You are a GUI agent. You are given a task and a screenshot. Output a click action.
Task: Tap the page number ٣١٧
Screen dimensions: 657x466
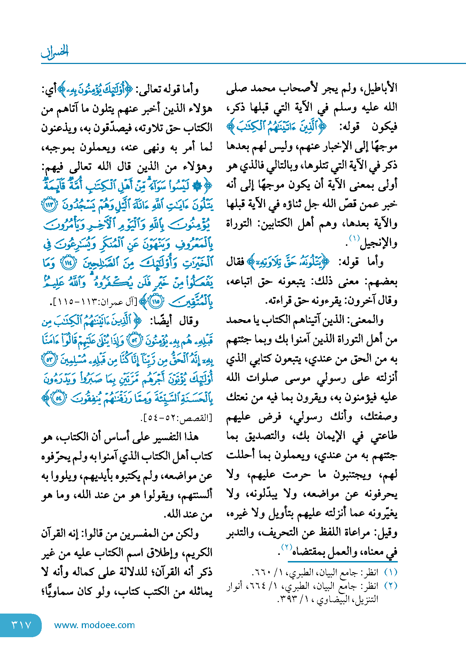point(21,625)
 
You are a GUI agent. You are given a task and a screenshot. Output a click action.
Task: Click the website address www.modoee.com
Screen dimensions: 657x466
point(94,625)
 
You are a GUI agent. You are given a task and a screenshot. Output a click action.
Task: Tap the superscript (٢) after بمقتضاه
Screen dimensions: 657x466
point(286,548)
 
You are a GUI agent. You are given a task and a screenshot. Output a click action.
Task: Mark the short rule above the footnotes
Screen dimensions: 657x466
point(342,561)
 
